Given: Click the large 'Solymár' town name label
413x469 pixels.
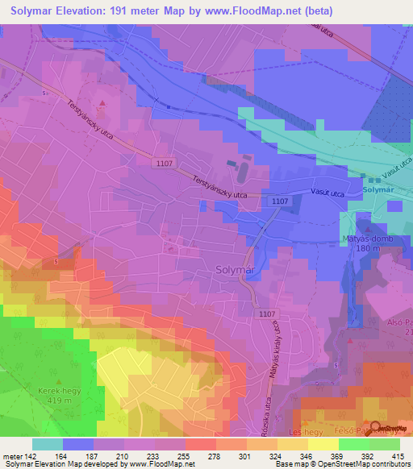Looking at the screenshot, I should tap(236, 271).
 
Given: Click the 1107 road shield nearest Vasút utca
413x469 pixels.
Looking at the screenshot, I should tap(280, 201).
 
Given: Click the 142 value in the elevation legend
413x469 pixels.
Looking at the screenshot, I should tap(32, 455).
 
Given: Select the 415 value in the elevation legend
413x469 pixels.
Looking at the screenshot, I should tap(400, 455).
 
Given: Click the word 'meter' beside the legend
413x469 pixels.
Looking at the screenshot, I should tap(12, 455).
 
